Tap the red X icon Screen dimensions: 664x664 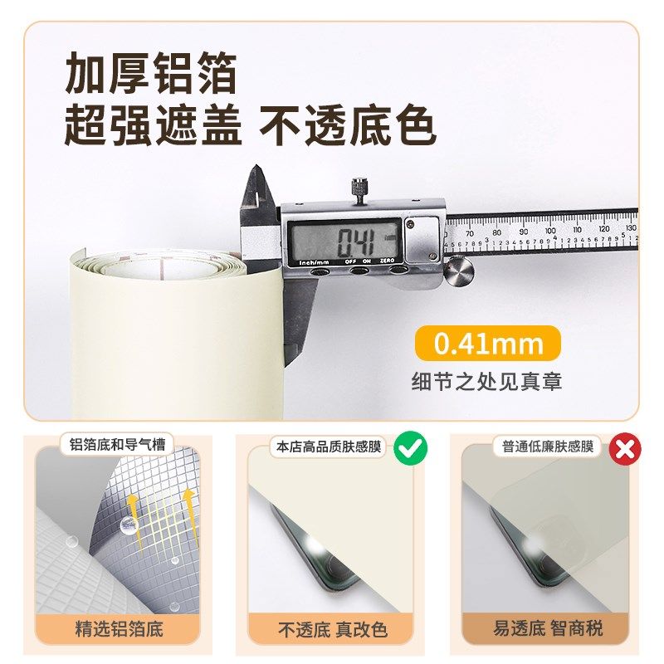pos(624,448)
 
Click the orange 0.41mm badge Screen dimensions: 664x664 pos(488,343)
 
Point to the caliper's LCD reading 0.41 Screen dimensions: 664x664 pos(355,242)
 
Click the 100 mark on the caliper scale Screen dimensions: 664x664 pos(549,232)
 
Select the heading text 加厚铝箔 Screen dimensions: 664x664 pos(151,75)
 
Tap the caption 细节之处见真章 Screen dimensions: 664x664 pos(487,382)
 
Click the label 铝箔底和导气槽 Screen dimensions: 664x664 pos(118,445)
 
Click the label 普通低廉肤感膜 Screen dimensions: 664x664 pos(548,447)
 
